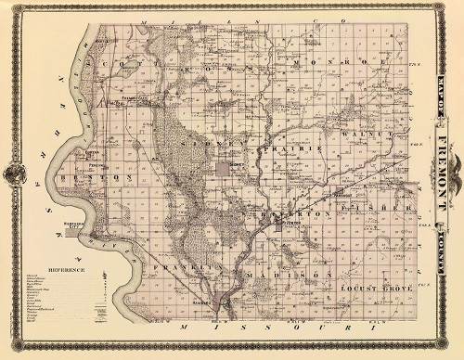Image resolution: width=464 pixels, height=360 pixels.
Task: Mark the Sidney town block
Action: (x=226, y=168)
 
